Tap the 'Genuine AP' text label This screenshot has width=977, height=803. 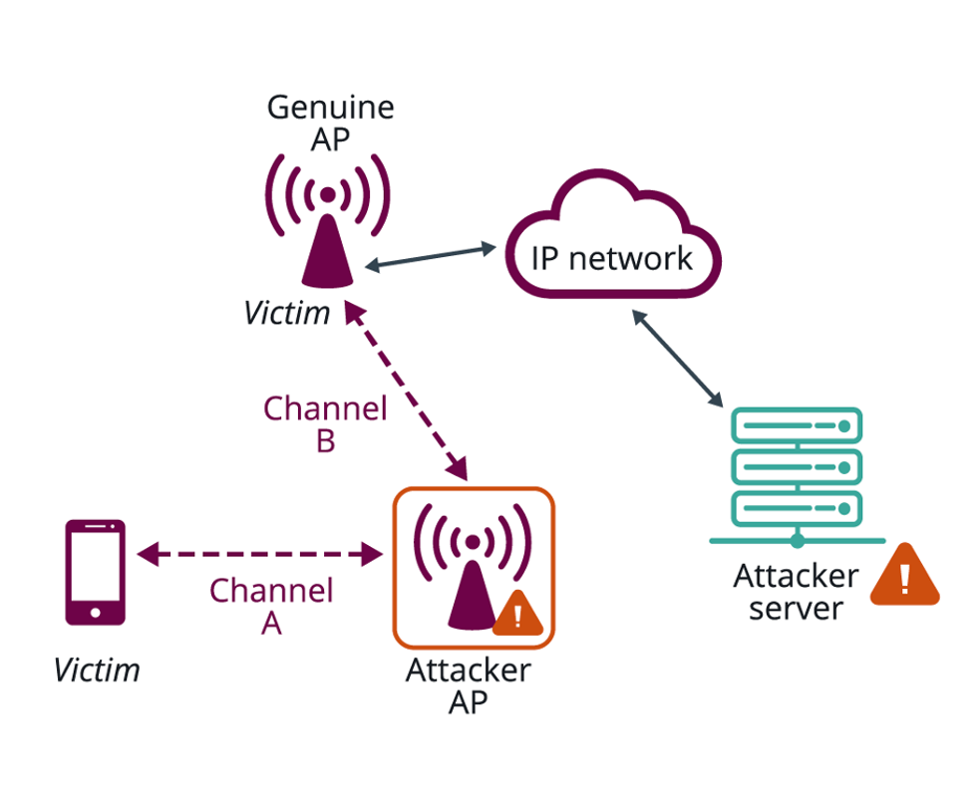coord(330,123)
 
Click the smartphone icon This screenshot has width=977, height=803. coord(95,572)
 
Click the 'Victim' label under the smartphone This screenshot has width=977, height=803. coord(97,670)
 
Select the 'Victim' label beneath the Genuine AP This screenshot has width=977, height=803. coord(287,314)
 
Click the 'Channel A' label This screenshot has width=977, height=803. coord(270,607)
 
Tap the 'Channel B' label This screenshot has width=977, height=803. coord(325,424)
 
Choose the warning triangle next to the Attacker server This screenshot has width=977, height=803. coord(904,577)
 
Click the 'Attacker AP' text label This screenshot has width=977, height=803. coord(468,686)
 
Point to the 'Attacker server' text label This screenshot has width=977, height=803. coord(796,592)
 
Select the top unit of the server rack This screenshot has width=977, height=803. coord(797,426)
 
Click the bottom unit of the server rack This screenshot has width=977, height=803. coord(797,508)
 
